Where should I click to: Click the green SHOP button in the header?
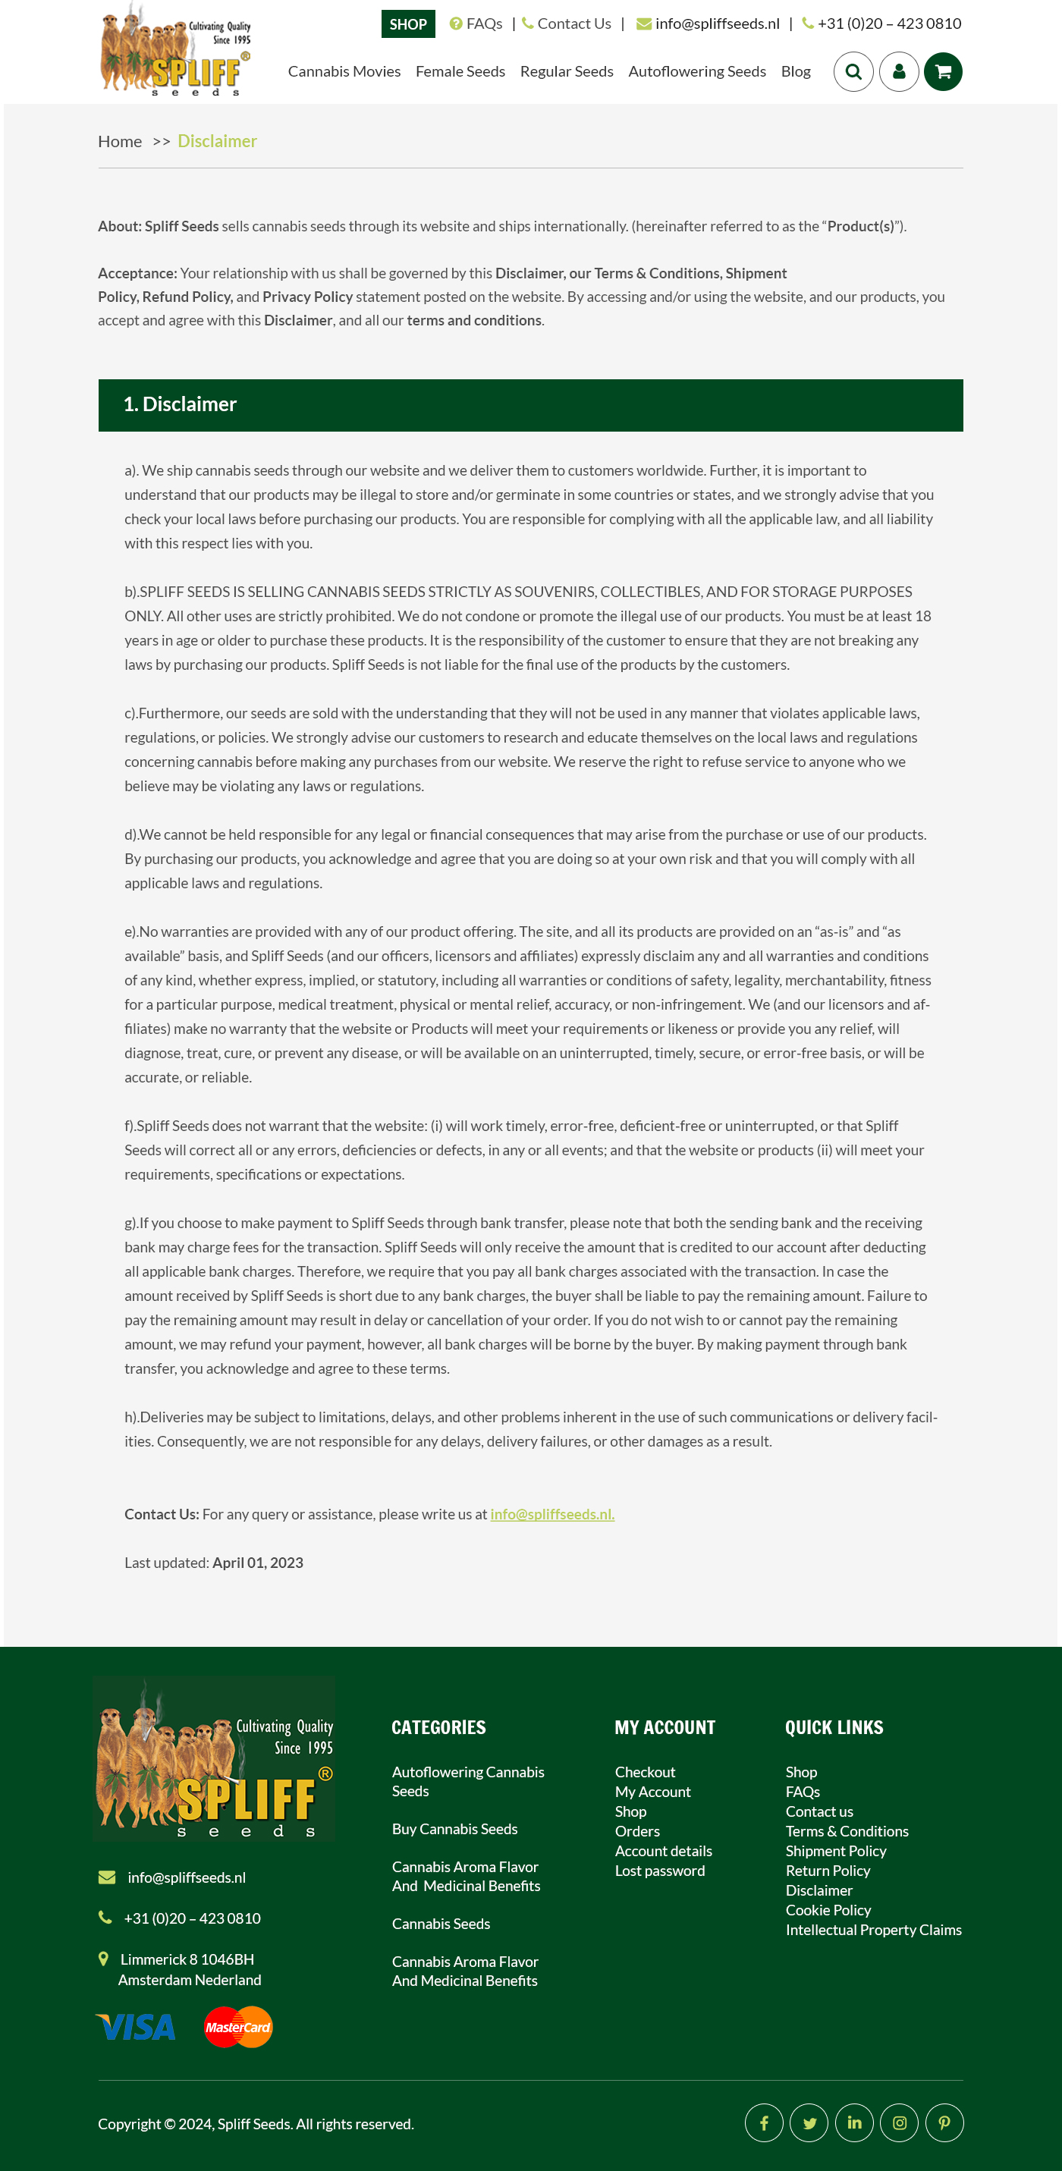[x=408, y=24]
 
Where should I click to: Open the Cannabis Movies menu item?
[x=344, y=71]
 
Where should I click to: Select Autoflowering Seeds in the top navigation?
[x=696, y=71]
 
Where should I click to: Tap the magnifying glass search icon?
[x=853, y=71]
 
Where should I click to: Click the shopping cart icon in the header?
[x=942, y=71]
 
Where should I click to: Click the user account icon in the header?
[x=898, y=71]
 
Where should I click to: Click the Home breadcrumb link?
[x=120, y=142]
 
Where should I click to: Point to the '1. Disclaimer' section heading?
[x=181, y=404]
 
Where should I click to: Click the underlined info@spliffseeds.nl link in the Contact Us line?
[x=552, y=1513]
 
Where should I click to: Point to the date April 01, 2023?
[x=257, y=1563]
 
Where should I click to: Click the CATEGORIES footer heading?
[x=438, y=1726]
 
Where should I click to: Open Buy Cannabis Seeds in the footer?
[x=454, y=1829]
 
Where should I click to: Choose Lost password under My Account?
[x=659, y=1870]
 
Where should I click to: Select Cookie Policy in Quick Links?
[x=828, y=1910]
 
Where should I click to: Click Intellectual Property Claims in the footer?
[x=873, y=1929]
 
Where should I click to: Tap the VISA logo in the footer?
[x=137, y=2027]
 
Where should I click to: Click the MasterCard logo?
[x=237, y=2027]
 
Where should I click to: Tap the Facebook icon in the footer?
[x=764, y=2123]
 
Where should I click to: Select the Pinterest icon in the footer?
[x=944, y=2123]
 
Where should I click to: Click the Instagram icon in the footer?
[x=900, y=2123]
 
